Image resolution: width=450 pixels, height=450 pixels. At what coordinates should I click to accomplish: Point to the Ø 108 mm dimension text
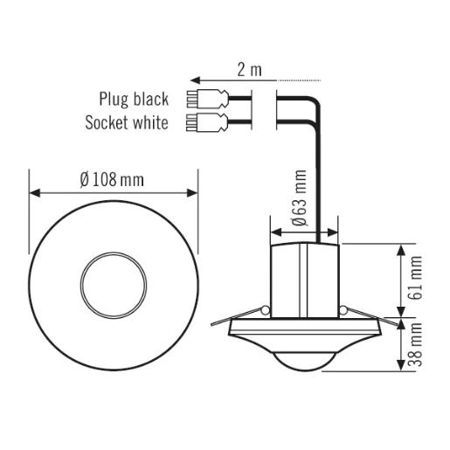point(111,178)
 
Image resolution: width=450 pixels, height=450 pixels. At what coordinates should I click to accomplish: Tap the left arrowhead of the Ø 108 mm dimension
point(34,192)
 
